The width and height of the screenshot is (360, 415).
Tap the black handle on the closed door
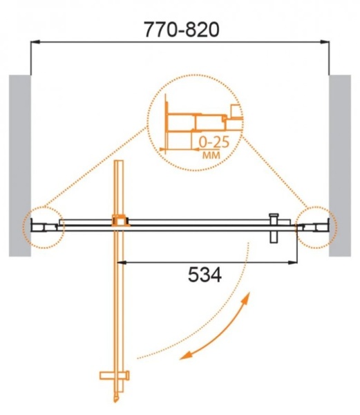point(274,228)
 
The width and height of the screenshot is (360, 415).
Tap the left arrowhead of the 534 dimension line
point(120,262)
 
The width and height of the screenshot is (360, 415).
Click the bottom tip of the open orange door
point(117,400)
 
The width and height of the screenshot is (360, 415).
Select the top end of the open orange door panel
point(119,163)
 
